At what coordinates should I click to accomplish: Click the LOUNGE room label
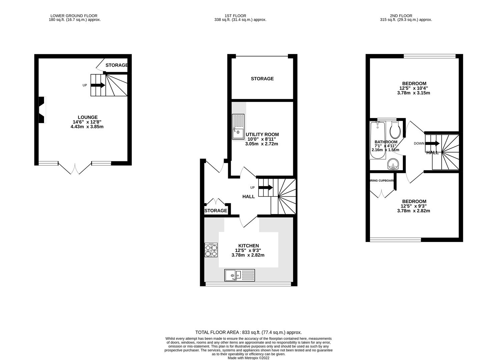[x=87, y=117]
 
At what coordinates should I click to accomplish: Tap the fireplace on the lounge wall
[x=41, y=110]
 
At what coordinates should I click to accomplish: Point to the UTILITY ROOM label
[x=262, y=134]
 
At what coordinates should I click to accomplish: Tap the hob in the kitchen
[x=211, y=250]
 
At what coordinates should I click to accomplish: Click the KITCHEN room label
[x=248, y=246]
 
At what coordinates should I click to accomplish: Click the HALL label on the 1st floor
[x=248, y=197]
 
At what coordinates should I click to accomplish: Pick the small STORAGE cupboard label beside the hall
[x=215, y=211]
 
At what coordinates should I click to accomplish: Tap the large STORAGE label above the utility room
[x=262, y=79]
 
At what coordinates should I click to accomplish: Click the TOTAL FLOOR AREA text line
[x=248, y=332]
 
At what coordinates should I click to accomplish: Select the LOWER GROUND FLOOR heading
[x=74, y=16]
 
